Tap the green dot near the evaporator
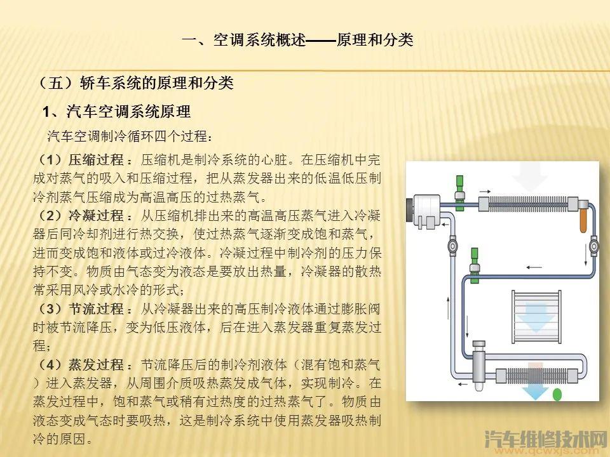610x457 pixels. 557,395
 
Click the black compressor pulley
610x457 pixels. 409,210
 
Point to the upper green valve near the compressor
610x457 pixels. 459,193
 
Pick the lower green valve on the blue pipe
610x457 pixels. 474,265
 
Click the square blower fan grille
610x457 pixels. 536,316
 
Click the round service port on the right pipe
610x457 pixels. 593,246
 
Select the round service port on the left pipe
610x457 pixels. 452,246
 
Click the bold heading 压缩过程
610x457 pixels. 96,160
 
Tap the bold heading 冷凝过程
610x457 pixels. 96,216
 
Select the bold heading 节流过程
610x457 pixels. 96,309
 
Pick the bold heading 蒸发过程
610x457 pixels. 96,365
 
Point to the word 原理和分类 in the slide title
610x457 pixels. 375,39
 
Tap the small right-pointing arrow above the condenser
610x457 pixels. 485,191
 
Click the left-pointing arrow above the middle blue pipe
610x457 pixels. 534,267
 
